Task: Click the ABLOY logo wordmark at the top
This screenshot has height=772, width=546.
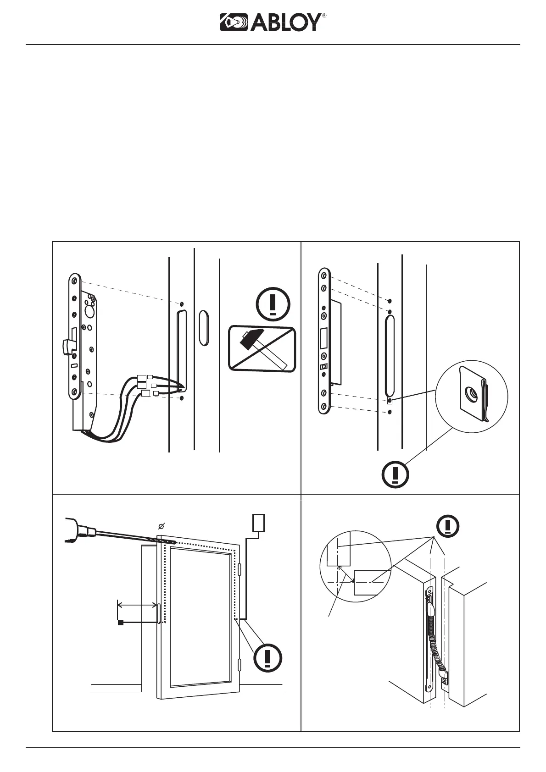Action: click(286, 22)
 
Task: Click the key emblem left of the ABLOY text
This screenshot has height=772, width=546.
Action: click(234, 22)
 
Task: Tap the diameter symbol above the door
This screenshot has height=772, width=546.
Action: click(162, 526)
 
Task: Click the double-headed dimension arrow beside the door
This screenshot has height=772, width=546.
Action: click(137, 605)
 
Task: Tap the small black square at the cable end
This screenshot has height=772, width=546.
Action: click(121, 623)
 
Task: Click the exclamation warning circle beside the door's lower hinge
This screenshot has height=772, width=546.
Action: click(267, 657)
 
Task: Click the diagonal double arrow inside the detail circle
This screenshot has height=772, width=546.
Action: click(346, 573)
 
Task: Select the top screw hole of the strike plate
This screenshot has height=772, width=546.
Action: click(324, 276)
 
